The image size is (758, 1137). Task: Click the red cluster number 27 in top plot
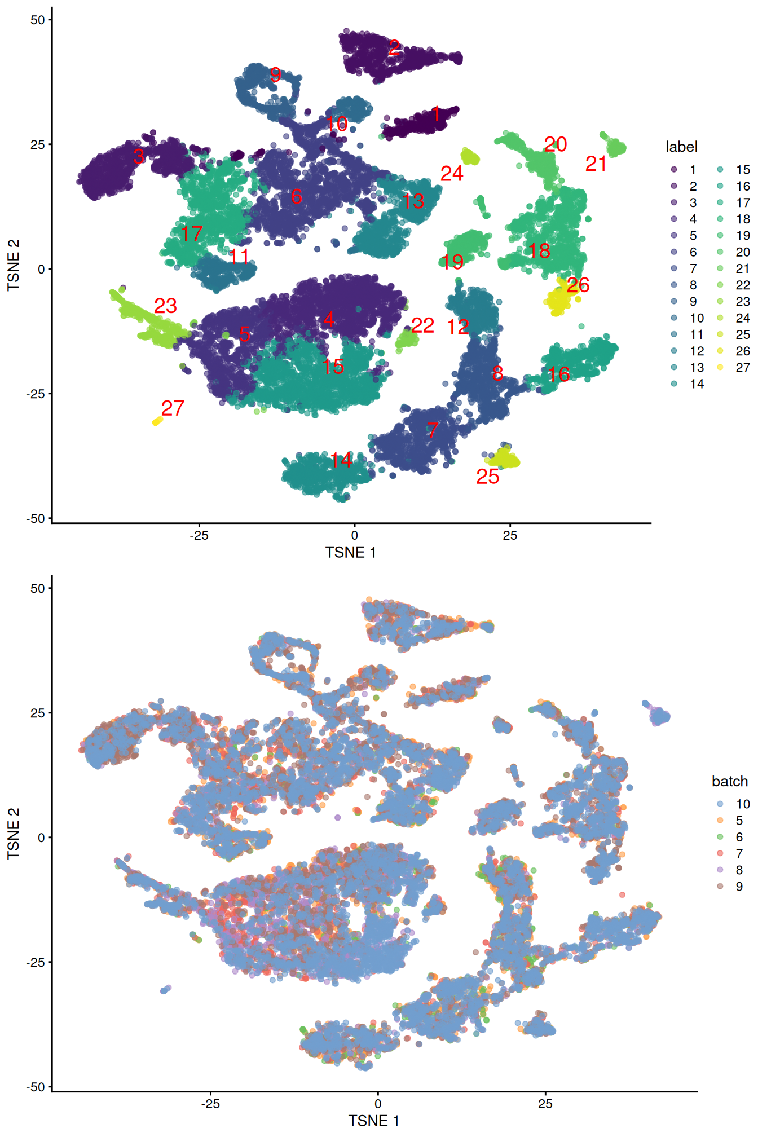tap(173, 408)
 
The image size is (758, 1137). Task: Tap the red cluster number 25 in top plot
tap(487, 477)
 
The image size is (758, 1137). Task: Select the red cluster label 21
tap(596, 164)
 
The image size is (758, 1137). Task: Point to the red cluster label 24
tap(452, 174)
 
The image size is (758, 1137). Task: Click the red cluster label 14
tap(341, 461)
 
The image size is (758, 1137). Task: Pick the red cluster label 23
tap(165, 306)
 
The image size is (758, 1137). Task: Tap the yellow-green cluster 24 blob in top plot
tap(470, 157)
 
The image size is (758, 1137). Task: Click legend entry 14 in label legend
tap(697, 384)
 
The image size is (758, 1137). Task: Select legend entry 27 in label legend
tap(742, 368)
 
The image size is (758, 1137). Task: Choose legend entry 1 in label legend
tap(693, 170)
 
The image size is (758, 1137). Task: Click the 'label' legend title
tap(681, 147)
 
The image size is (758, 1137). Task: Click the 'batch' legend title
tap(729, 781)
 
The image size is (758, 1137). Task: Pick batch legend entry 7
tap(739, 853)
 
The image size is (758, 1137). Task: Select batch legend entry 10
tap(742, 804)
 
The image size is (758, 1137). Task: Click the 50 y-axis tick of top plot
tap(37, 20)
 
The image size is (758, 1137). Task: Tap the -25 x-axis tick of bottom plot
tap(210, 1104)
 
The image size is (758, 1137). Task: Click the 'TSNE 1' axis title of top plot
tap(350, 553)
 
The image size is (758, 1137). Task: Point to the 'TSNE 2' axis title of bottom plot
tap(14, 834)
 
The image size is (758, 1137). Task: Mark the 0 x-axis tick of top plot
tap(354, 535)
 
